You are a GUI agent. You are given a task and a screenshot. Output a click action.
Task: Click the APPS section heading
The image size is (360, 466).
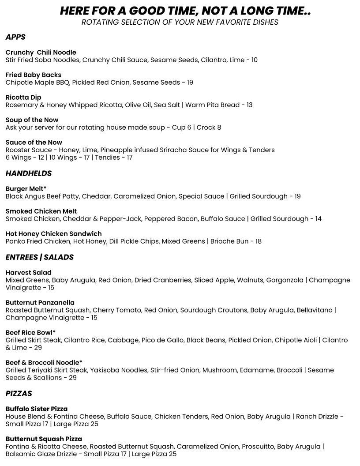(x=15, y=38)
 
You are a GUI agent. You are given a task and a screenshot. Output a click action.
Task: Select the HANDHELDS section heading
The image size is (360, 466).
(x=29, y=173)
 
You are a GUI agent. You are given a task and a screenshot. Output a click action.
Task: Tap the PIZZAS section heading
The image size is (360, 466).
(x=19, y=394)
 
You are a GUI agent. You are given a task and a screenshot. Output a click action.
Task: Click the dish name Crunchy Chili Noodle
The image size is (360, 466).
(x=41, y=53)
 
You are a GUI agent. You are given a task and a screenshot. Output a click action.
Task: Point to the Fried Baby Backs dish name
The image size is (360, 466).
(x=34, y=75)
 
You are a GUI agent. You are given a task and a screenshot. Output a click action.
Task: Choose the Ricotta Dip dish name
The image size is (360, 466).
(x=23, y=98)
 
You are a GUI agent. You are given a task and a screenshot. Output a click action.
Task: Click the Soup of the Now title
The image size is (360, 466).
(x=32, y=120)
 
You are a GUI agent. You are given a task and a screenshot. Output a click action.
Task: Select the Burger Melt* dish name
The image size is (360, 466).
(x=26, y=189)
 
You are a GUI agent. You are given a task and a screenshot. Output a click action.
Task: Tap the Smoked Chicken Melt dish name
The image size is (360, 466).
(x=41, y=211)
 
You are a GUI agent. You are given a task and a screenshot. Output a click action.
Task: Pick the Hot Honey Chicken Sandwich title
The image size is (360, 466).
(x=53, y=234)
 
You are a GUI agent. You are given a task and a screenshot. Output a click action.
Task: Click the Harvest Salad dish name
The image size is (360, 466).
(x=28, y=273)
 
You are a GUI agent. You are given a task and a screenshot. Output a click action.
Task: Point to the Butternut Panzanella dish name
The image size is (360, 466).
(x=40, y=303)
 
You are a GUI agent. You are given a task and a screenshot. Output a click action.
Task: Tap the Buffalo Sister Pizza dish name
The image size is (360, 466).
(x=37, y=409)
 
